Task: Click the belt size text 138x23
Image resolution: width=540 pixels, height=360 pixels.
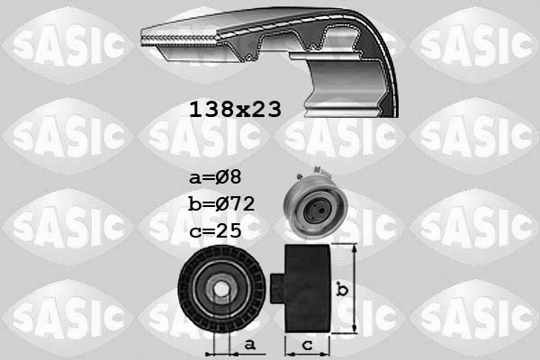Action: [235, 110]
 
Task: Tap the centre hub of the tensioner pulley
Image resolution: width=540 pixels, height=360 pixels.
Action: [316, 212]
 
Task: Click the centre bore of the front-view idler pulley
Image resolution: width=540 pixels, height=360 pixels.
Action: [220, 290]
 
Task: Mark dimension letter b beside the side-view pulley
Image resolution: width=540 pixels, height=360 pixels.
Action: [341, 290]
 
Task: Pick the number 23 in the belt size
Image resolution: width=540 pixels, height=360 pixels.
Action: [266, 110]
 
